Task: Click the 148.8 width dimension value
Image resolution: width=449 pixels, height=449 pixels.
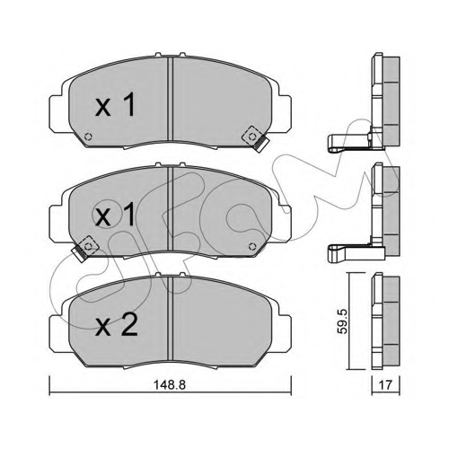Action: [170, 385]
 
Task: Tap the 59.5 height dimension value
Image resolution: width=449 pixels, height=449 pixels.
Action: [342, 321]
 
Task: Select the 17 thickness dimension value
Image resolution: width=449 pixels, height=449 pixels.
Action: [386, 385]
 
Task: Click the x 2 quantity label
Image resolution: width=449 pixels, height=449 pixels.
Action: [117, 327]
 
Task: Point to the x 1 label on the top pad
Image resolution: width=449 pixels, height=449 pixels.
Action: [115, 104]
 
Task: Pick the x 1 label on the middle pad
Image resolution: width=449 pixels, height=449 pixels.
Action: [115, 215]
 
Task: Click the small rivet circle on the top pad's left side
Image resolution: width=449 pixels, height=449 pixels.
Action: [88, 136]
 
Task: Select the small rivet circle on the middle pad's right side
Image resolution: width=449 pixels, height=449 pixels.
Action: [252, 246]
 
